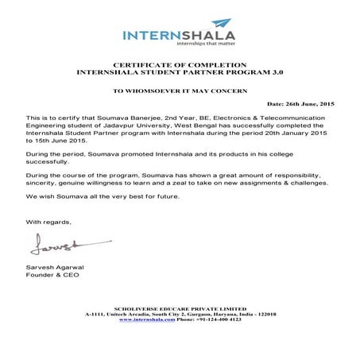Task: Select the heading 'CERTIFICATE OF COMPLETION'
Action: coord(180,64)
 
